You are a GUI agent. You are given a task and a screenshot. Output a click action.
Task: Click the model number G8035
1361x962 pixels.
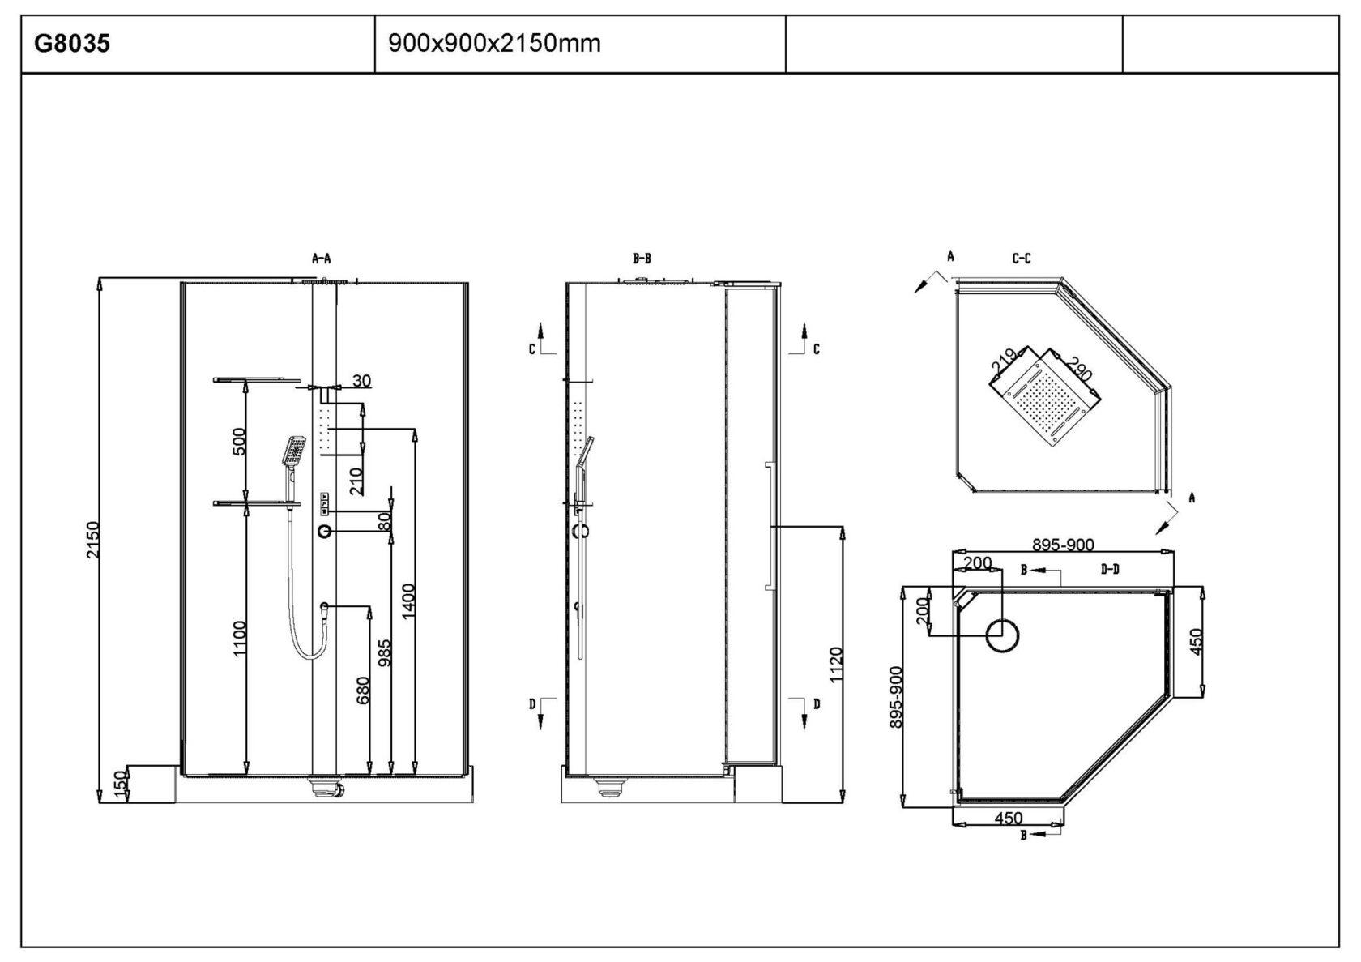point(71,44)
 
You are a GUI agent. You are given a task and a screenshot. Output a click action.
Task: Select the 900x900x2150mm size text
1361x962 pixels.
point(494,43)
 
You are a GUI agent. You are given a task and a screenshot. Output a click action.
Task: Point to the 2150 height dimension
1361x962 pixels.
point(92,540)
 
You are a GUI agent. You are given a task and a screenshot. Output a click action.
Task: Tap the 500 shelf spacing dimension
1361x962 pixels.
point(239,441)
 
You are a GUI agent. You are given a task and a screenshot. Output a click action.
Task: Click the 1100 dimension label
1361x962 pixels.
point(240,638)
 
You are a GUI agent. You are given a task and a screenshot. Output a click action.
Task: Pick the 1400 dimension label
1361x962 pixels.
point(407,601)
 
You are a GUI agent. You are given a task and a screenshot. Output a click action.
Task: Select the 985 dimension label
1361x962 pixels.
point(384,652)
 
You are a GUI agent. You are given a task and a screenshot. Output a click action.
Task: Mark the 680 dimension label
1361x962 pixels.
point(362,691)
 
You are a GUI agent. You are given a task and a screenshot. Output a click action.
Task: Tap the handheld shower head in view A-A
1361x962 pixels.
point(293,451)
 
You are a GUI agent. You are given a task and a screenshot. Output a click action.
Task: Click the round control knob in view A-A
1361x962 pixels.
point(325,532)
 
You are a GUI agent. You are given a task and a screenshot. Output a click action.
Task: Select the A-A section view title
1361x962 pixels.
point(322,259)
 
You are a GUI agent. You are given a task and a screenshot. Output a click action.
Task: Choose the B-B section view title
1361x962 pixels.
point(642,259)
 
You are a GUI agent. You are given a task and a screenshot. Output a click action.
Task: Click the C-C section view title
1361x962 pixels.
point(1022,259)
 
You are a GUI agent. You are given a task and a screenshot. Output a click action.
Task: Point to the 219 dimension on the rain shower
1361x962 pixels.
point(1003,361)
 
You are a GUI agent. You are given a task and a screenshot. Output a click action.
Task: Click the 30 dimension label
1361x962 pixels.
point(361,380)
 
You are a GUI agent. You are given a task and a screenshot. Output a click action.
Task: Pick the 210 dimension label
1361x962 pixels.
point(356,481)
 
